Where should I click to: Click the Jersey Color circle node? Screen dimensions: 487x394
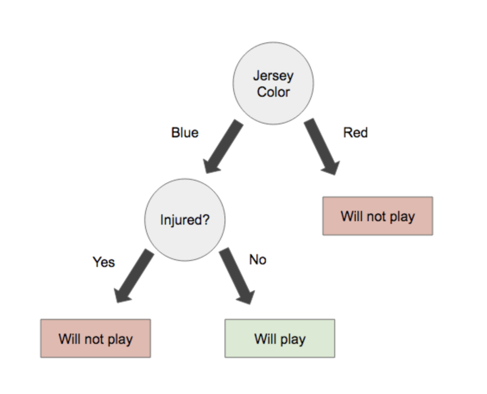tap(273, 83)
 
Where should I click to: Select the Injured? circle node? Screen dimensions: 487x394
tap(185, 220)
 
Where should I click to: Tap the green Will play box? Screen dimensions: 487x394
tap(280, 338)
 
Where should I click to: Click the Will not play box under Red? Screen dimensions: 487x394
tap(378, 216)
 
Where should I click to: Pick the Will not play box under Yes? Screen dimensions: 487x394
tap(96, 338)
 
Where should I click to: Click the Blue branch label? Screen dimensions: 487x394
tap(185, 133)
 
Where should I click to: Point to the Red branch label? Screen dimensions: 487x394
tap(355, 133)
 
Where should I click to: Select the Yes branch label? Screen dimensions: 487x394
tap(104, 262)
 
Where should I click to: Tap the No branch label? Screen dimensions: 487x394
tap(258, 260)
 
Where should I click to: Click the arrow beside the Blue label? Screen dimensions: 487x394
tap(223, 146)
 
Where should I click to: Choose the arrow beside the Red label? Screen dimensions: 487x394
tap(322, 146)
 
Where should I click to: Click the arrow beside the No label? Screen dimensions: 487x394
tap(237, 276)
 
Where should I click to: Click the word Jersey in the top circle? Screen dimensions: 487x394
tap(273, 76)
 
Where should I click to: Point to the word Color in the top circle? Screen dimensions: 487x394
tap(273, 92)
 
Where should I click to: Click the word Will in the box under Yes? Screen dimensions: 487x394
tap(70, 339)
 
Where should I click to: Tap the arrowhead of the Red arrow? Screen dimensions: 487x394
tap(331, 168)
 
